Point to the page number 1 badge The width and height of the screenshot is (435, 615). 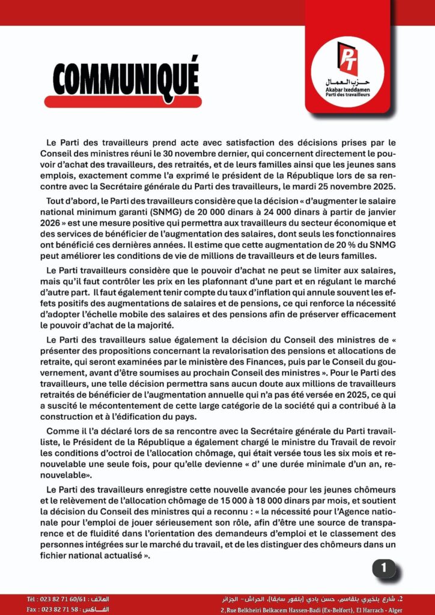pyautogui.click(x=385, y=567)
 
